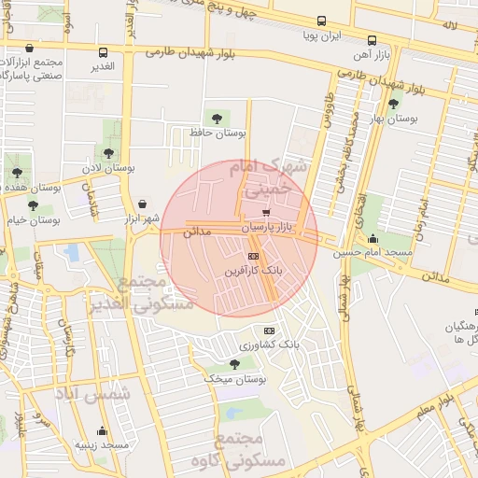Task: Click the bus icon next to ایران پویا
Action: [x=321, y=21]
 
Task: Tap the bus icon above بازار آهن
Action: [x=372, y=40]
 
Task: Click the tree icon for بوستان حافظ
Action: [x=218, y=119]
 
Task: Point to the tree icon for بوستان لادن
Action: [x=109, y=152]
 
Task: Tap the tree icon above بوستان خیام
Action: [x=33, y=205]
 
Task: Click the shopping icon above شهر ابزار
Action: [x=141, y=203]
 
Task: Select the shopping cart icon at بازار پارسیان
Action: [x=266, y=213]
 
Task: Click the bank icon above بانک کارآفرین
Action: [x=253, y=257]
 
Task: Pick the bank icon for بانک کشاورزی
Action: [x=270, y=330]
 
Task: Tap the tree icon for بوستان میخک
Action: [x=233, y=364]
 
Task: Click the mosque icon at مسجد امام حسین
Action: [x=373, y=238]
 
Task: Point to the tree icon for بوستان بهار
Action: [x=393, y=104]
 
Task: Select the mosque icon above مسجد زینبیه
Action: [x=102, y=431]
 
